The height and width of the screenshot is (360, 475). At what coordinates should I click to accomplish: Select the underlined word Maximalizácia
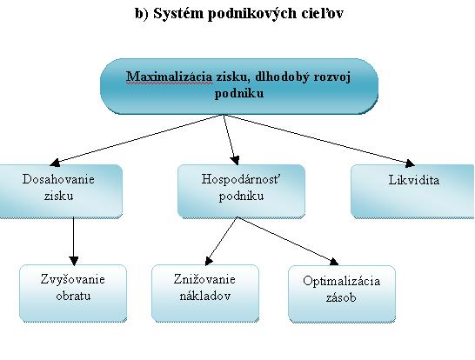tap(169, 77)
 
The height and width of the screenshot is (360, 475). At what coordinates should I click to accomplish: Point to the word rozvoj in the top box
tap(332, 77)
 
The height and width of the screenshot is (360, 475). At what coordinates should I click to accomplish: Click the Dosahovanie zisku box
tap(61, 191)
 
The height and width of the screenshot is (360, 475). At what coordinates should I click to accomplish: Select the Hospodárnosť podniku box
tap(241, 191)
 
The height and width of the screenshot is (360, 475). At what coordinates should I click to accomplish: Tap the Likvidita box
tap(413, 191)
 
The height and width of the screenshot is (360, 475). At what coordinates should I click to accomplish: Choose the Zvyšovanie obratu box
tap(73, 293)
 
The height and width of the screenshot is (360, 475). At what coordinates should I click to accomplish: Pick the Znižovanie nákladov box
tap(205, 293)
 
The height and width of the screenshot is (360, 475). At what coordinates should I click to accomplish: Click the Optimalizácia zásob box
tap(342, 294)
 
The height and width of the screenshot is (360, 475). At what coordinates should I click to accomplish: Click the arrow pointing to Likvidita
tap(319, 140)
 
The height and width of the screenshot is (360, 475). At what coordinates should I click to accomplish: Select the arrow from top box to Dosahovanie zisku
tap(137, 140)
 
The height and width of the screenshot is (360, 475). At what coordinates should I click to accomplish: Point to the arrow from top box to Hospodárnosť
tap(231, 140)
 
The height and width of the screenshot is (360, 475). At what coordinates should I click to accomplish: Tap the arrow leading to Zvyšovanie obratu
tap(74, 242)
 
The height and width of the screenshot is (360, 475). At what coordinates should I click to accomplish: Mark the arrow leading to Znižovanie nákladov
tap(221, 242)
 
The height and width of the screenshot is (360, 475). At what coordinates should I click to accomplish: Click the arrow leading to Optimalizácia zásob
tap(288, 241)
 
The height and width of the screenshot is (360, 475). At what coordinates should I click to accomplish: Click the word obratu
tap(73, 296)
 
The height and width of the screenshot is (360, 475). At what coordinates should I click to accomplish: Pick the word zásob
tap(341, 297)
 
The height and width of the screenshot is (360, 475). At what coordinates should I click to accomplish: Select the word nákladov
tap(205, 296)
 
